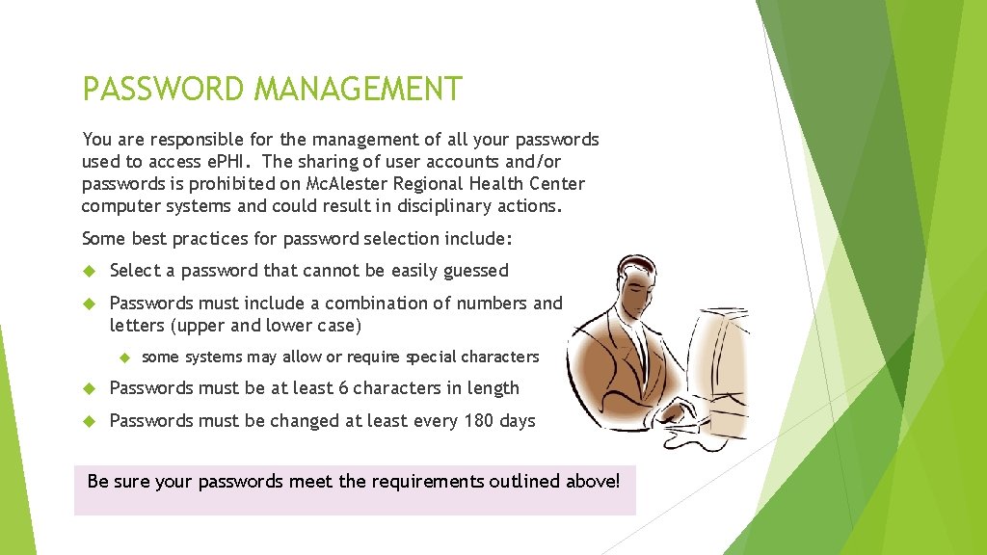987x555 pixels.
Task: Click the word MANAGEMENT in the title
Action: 358,90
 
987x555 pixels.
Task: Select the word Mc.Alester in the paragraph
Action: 347,184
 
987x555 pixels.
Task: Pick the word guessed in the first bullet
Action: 475,272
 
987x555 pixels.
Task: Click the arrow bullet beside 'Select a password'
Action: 89,272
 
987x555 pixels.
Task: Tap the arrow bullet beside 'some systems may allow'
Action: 123,357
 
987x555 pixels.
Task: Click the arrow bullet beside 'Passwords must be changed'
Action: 89,421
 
